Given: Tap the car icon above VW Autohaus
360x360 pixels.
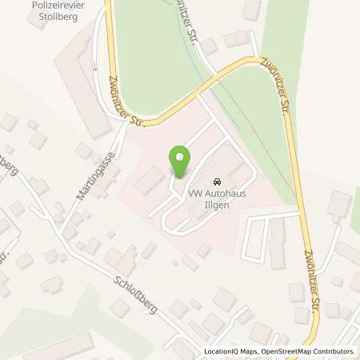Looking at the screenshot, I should coord(218,182).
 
